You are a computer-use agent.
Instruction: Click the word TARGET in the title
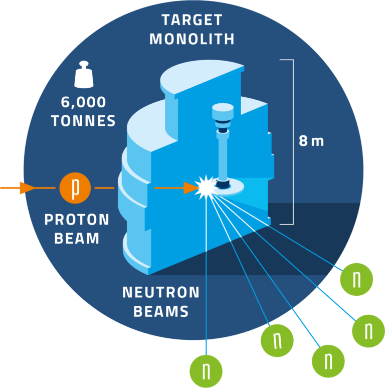pos(192,20)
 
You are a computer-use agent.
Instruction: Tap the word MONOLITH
pos(192,39)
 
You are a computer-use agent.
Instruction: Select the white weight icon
pos(84,77)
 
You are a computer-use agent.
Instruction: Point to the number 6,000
pos(84,103)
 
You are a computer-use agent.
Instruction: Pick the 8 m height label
pos(311,141)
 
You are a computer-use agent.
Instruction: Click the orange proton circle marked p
pos(74,187)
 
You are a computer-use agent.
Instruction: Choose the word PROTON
pos(77,220)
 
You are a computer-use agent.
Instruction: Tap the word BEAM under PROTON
pos(77,238)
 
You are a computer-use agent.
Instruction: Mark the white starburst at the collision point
pos(206,187)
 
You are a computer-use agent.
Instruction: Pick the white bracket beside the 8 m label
pos(288,141)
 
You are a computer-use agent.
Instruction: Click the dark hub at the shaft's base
pos(222,184)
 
